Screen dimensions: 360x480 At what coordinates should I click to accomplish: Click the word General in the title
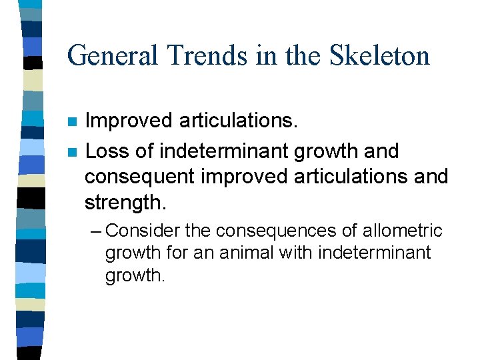tap(111, 55)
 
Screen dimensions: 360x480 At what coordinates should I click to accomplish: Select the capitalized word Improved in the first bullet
tap(129, 121)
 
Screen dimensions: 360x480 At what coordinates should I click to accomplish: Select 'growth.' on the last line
tap(134, 275)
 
